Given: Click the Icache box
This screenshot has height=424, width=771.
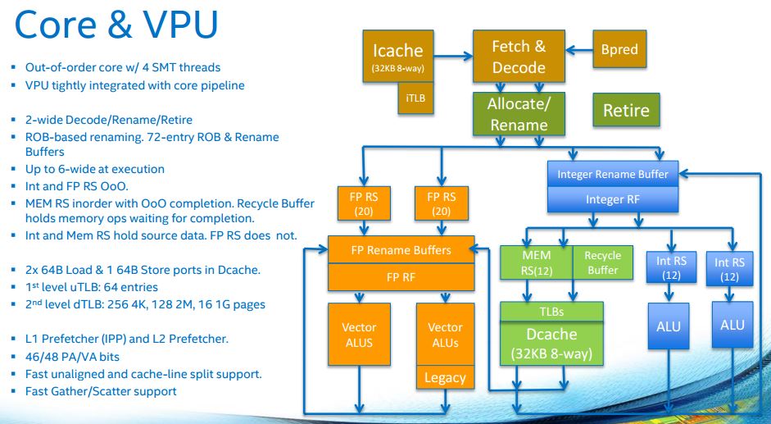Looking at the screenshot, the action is click(x=398, y=56).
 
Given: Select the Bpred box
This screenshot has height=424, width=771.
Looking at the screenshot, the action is click(x=619, y=48).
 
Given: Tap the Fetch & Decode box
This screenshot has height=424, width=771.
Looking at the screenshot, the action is click(x=519, y=56).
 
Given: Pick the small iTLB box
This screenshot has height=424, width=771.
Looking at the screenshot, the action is click(x=415, y=98).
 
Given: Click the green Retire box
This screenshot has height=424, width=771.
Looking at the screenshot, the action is click(x=626, y=110).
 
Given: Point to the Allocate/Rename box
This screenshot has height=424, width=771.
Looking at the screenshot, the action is click(x=519, y=114).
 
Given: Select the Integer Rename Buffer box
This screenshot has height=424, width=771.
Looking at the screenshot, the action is click(x=613, y=174).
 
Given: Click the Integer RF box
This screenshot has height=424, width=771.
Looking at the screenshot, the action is click(x=613, y=199).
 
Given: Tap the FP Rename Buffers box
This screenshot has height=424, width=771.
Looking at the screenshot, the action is click(x=401, y=249).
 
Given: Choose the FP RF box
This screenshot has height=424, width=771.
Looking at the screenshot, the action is click(x=401, y=277).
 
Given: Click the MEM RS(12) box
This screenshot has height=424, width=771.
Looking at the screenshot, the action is click(x=537, y=263).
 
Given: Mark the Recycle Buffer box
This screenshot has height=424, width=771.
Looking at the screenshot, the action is click(x=603, y=263).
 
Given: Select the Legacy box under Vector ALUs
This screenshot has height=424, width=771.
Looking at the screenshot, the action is click(x=445, y=378).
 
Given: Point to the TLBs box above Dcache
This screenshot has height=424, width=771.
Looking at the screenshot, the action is click(x=551, y=312).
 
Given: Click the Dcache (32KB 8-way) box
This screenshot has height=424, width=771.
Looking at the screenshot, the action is click(x=551, y=344).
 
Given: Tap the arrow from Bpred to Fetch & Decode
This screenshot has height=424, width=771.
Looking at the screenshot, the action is click(x=579, y=50).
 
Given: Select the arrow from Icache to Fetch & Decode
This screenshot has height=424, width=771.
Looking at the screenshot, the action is click(x=453, y=56).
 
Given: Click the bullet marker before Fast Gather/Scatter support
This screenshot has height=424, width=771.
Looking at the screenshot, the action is click(x=14, y=391).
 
